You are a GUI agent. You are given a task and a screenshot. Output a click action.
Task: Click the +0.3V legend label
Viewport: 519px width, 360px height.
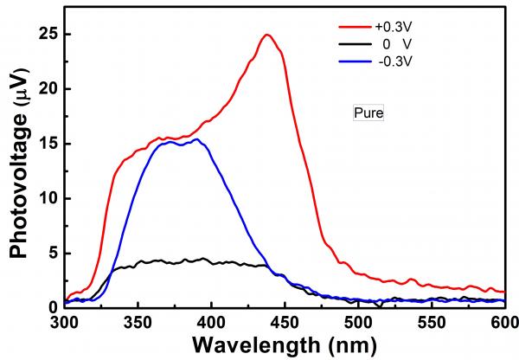point(376,26)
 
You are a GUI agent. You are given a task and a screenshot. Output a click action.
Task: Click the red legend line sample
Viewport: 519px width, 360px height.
point(329,26)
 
